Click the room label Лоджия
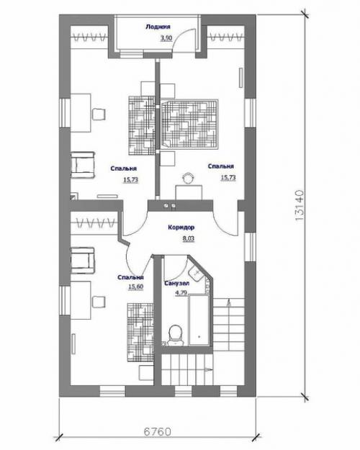pyautogui.click(x=158, y=27)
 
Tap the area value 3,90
pyautogui.click(x=166, y=38)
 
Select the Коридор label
pyautogui.click(x=181, y=228)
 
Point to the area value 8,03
pyautogui.click(x=189, y=238)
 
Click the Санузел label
pyautogui.click(x=177, y=283)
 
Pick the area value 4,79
pyautogui.click(x=181, y=293)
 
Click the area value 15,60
pyautogui.click(x=136, y=287)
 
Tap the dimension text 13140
pyautogui.click(x=299, y=205)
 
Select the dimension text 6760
pyautogui.click(x=158, y=431)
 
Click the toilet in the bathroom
pyautogui.click(x=176, y=335)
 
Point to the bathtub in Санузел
pyautogui.click(x=199, y=320)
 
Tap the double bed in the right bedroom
pyautogui.click(x=189, y=124)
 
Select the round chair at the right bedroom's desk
pyautogui.click(x=189, y=178)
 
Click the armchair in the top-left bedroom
pyautogui.click(x=83, y=166)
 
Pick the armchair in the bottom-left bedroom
pyautogui.click(x=83, y=261)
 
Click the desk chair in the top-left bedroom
pyautogui.click(x=99, y=114)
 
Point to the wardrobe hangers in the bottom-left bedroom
pyautogui.click(x=96, y=222)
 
